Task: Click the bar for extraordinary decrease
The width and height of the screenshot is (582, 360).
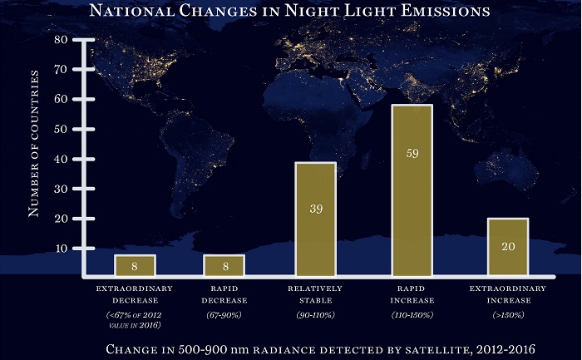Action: click(x=135, y=265)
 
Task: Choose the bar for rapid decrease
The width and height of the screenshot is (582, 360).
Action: click(x=224, y=265)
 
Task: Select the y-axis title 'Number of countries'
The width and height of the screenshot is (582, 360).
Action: click(x=34, y=144)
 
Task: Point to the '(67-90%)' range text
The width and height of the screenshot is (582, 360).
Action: click(x=224, y=316)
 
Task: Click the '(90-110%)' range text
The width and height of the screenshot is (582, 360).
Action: click(x=315, y=316)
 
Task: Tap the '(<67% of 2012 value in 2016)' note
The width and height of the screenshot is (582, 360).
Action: click(x=135, y=321)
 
